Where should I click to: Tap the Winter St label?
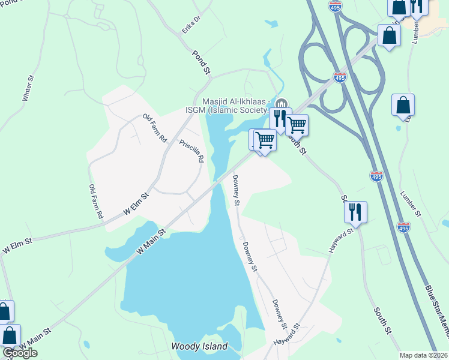click(27, 88)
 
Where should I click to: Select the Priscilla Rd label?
click(192, 151)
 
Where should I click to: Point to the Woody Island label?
click(199, 347)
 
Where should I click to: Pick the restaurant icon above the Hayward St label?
click(355, 212)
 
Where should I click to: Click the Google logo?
click(20, 353)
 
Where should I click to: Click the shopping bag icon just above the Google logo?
click(9, 335)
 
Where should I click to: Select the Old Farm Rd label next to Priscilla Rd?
click(154, 128)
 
